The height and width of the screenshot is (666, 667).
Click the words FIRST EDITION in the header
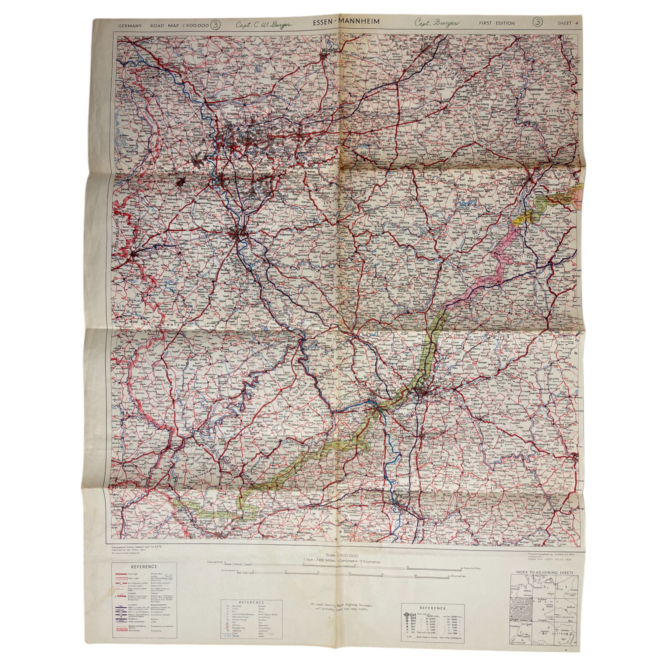[496, 23]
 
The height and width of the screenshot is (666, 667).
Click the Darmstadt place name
[431, 434]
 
